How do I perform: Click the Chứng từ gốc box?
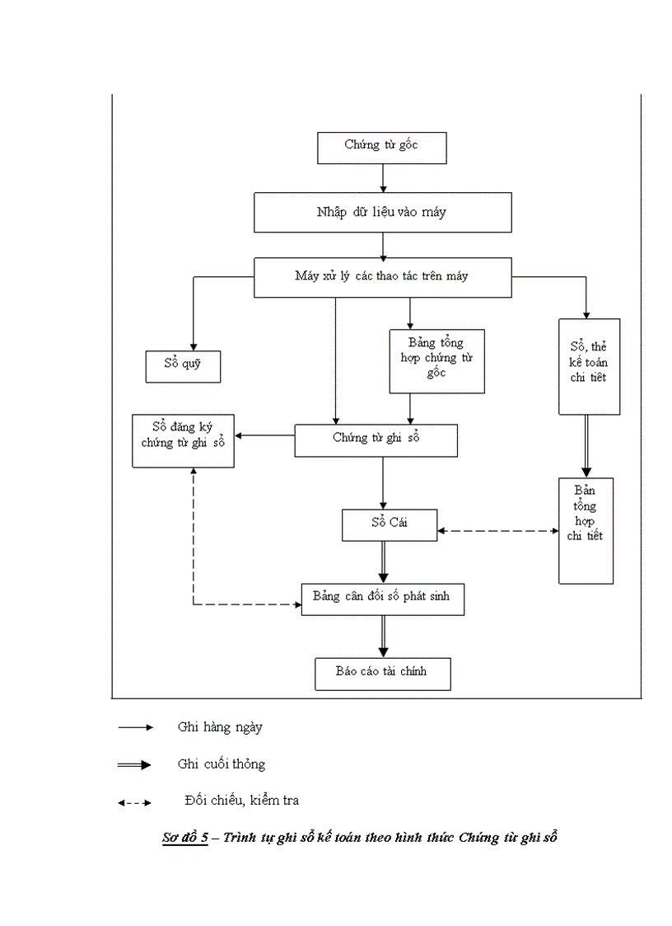(x=381, y=146)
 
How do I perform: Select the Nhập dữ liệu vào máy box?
(x=381, y=212)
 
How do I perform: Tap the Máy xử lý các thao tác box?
(x=381, y=277)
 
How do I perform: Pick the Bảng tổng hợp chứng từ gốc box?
(x=436, y=360)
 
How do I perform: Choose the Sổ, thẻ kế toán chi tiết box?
(x=589, y=366)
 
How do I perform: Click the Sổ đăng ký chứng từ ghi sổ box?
(x=184, y=441)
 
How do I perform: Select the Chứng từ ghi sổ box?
(x=376, y=439)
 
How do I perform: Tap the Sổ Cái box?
(x=389, y=524)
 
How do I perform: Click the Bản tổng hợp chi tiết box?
(x=586, y=530)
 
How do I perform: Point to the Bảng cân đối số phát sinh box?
(x=381, y=598)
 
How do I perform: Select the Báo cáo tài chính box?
(x=381, y=673)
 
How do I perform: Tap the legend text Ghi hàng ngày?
(x=220, y=727)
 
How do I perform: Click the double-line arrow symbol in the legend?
(x=134, y=765)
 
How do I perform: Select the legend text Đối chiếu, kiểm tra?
(x=242, y=800)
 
